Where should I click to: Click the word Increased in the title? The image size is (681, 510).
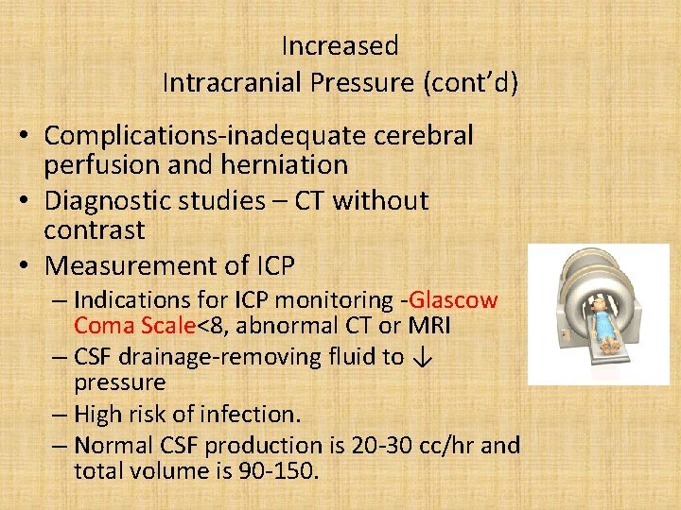tap(340, 45)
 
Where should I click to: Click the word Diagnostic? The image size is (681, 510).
tap(106, 201)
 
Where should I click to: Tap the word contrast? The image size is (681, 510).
tap(95, 230)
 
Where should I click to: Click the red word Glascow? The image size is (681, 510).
tap(454, 300)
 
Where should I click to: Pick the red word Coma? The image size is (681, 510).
tap(107, 326)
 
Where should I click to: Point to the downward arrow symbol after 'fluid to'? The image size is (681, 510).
tap(424, 357)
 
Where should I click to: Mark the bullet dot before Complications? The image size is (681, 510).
tap(29, 137)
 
